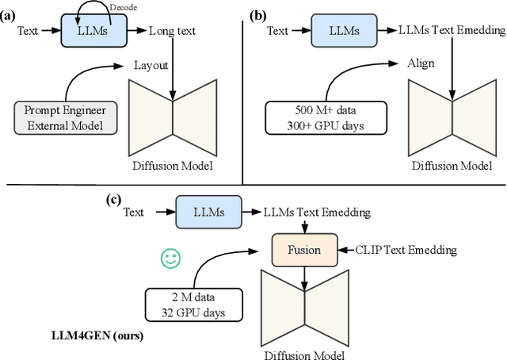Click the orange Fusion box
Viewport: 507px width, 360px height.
304,250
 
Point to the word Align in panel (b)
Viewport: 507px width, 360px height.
419,63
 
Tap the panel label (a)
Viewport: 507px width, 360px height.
12,14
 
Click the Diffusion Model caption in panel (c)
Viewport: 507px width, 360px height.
304,352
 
